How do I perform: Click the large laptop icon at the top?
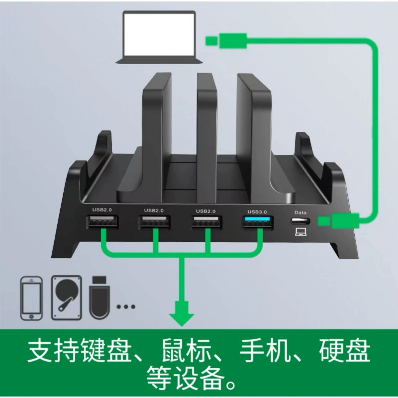click(159, 37)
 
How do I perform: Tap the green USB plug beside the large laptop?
click(226, 41)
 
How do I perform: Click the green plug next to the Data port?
click(339, 220)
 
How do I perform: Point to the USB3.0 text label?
click(257, 212)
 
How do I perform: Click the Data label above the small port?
click(300, 212)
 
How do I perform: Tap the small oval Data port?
click(300, 221)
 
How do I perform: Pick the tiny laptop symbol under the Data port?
click(300, 231)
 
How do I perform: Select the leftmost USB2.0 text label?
click(102, 209)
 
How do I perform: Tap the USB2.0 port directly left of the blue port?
click(206, 221)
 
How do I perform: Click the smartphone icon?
click(31, 298)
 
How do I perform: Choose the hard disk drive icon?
click(67, 298)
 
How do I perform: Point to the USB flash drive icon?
click(99, 297)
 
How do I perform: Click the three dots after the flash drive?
click(126, 306)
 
